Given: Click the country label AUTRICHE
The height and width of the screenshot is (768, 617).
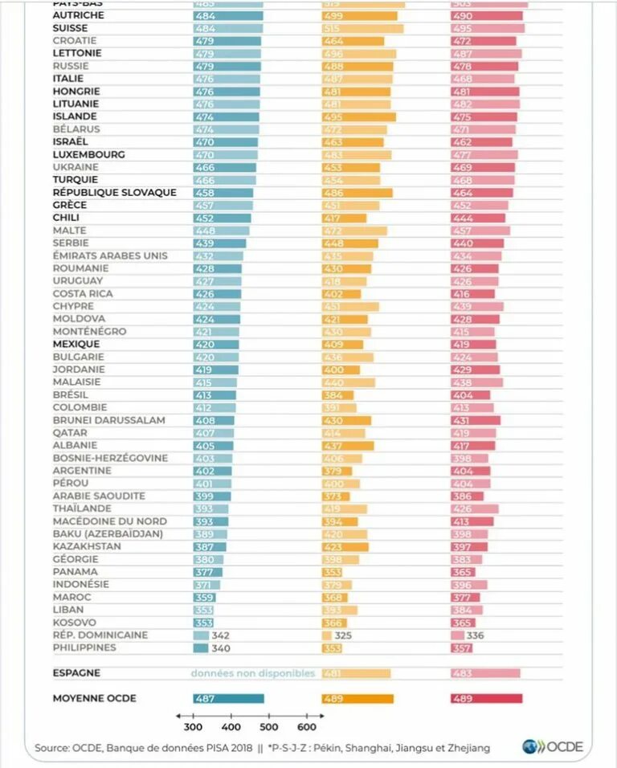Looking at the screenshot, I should click(x=79, y=15).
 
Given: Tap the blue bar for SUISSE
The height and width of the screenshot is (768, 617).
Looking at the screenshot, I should click(x=227, y=28).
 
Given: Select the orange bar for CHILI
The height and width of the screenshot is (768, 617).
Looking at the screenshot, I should click(x=344, y=218).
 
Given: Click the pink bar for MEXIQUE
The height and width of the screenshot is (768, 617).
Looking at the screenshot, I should click(x=473, y=345).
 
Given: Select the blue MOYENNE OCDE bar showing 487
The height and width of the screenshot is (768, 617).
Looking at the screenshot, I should click(x=228, y=699).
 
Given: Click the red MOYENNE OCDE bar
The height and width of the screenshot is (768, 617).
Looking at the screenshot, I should click(x=486, y=699).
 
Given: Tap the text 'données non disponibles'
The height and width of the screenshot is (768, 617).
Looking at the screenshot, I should click(x=252, y=674).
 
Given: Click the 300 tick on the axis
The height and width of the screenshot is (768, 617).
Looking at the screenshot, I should click(x=193, y=728).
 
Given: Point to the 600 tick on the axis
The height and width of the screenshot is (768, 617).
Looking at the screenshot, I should click(x=307, y=728).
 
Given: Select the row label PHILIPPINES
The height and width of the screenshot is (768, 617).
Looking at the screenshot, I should click(x=84, y=648).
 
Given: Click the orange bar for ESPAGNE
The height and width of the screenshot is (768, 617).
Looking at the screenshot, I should click(x=356, y=674).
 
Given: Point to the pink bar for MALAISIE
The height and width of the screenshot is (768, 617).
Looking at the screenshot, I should click(x=476, y=382).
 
